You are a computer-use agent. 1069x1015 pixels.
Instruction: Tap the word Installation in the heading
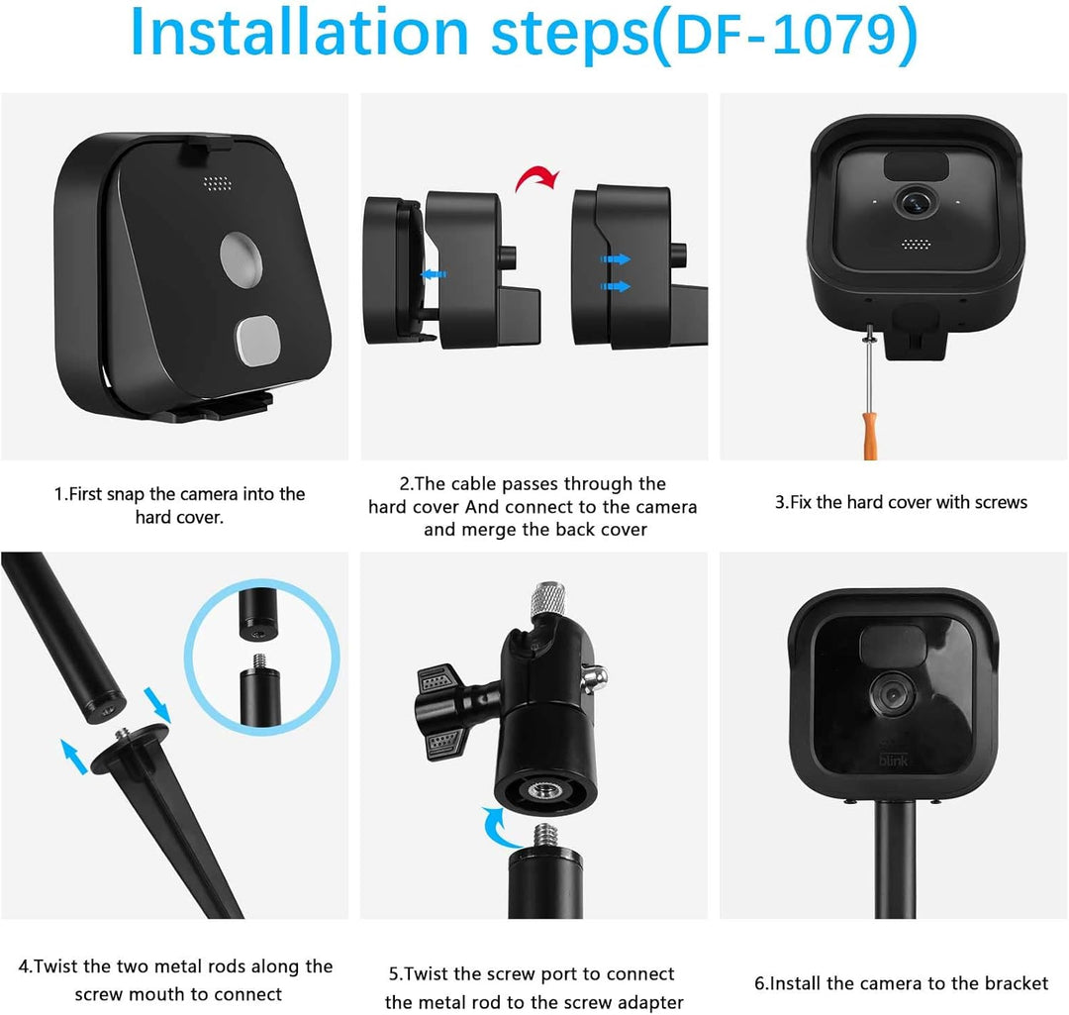(299, 32)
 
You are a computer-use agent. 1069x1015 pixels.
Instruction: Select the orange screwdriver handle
(869, 436)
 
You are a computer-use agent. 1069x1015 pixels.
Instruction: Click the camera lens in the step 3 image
(915, 202)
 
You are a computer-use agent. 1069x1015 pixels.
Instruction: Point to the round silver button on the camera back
(242, 259)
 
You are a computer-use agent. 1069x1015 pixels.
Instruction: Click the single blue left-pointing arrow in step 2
(434, 274)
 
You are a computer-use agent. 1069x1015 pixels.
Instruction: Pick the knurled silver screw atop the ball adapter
(548, 598)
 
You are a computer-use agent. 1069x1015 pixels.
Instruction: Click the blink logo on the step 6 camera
(893, 760)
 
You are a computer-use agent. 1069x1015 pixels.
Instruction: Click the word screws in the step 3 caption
(1001, 503)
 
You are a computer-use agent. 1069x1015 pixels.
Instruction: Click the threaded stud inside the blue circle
(259, 662)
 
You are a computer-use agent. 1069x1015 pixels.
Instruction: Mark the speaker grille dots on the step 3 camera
(916, 244)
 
